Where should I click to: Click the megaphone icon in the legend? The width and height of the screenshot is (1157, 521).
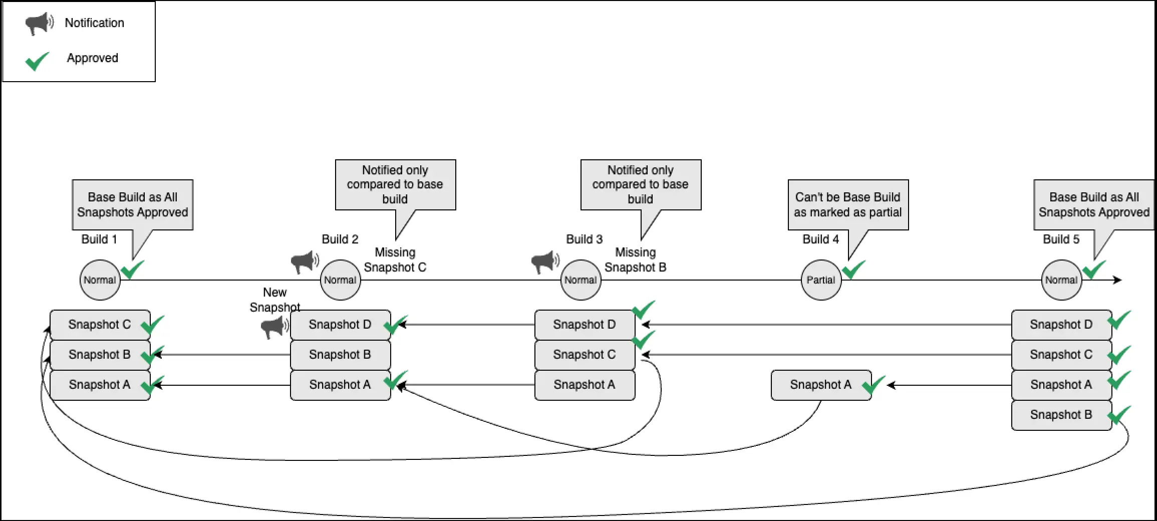pos(39,23)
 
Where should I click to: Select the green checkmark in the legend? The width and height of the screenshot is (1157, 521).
pos(38,61)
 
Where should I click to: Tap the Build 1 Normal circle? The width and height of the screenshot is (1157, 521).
pos(100,280)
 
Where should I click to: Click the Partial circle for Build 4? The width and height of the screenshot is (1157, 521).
pos(821,280)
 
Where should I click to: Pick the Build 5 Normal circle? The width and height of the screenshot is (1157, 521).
pos(1061,280)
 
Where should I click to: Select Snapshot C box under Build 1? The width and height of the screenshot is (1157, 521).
pos(100,325)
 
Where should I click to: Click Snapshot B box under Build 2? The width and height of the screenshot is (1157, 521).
pos(340,355)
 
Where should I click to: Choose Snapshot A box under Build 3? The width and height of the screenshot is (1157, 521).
pos(585,385)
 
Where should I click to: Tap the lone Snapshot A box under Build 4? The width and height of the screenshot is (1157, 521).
pos(821,385)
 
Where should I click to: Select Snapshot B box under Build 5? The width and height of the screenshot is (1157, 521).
pos(1061,415)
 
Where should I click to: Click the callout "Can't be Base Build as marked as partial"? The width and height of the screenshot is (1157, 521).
pos(848,204)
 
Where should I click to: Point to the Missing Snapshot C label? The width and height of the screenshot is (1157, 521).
pos(395,259)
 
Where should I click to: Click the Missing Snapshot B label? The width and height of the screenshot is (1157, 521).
pos(636,259)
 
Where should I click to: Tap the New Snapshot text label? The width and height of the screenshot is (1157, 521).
pos(274,300)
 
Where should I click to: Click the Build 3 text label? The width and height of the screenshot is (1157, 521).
pos(585,239)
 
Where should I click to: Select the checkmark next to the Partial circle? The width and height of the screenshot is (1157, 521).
pos(853,270)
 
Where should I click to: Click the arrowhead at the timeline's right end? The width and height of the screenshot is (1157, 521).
pos(1117,280)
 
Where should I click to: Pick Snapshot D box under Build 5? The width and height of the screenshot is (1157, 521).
pos(1061,325)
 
